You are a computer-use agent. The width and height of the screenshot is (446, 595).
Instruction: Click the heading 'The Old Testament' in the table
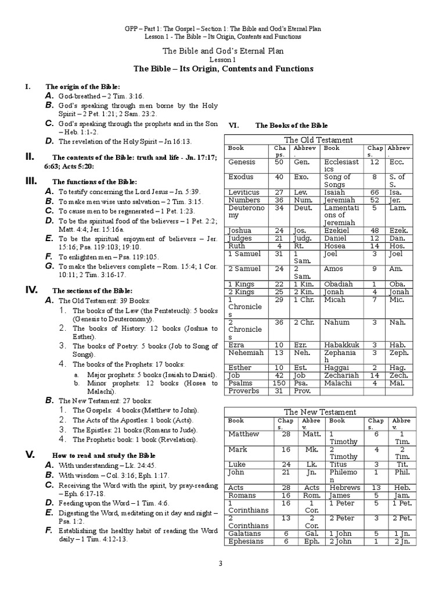(x=318, y=140)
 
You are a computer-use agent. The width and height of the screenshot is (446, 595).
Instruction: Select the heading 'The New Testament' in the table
(x=320, y=412)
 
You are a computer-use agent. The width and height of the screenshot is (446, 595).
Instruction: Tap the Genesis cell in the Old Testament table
(x=242, y=163)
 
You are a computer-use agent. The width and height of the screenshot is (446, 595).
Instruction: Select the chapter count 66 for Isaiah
(x=375, y=192)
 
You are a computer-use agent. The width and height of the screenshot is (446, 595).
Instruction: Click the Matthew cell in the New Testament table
(x=244, y=434)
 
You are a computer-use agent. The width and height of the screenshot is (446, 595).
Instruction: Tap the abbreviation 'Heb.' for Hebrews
(x=402, y=488)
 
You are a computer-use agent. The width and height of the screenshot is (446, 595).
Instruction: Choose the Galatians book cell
(x=246, y=533)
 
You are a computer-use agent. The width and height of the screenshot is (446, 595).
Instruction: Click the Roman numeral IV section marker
(x=31, y=289)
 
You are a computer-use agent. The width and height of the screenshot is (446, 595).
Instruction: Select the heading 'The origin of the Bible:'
(x=83, y=86)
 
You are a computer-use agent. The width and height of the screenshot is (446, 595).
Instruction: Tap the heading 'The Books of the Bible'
(x=292, y=125)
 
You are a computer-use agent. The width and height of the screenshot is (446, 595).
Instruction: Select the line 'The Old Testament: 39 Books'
(x=105, y=301)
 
